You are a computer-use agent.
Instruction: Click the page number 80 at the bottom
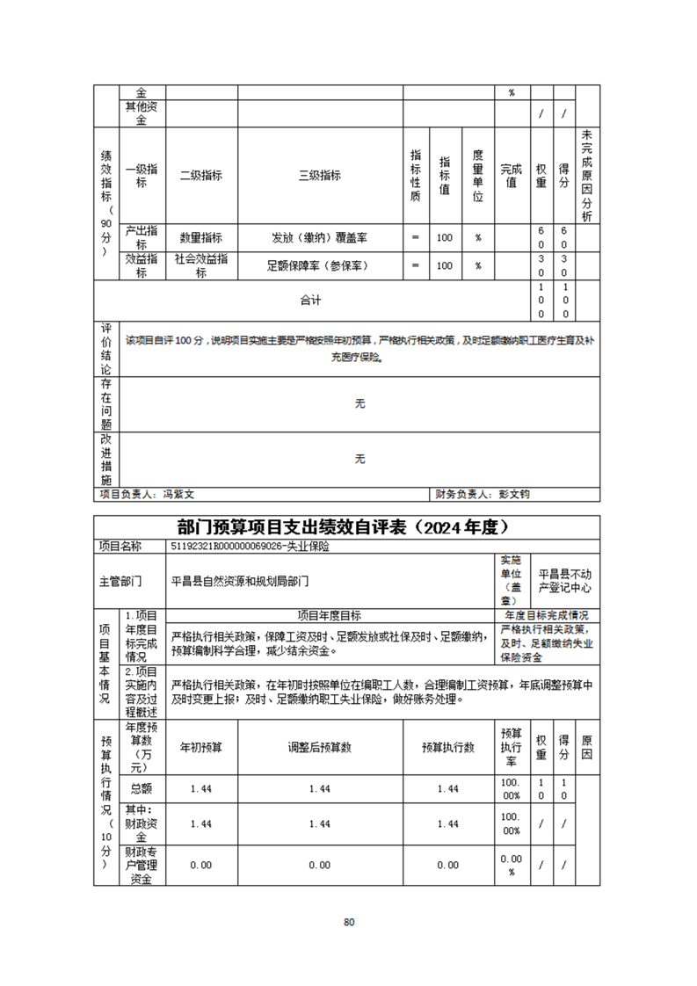pos(349,922)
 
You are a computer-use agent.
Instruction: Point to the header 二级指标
pos(201,175)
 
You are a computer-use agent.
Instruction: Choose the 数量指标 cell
pos(201,237)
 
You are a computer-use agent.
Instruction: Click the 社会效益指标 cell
pos(201,265)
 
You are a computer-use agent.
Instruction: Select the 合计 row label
pos(310,301)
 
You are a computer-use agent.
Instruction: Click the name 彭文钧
pos(515,495)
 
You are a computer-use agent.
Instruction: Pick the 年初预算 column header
pos(201,747)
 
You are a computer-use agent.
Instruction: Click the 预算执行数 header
pos(447,747)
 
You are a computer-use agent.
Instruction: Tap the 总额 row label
pos(141,788)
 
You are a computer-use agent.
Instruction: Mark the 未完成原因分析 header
pos(588,175)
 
